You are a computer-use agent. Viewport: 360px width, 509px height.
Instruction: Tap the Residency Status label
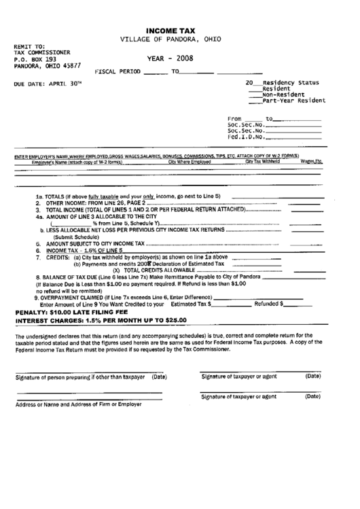pos(294,81)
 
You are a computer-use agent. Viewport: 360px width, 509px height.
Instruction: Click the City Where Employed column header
pos(190,162)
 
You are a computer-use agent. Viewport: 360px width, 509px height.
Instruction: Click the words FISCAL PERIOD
pos(119,71)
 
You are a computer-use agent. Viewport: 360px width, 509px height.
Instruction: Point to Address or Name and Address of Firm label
pos(75,404)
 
